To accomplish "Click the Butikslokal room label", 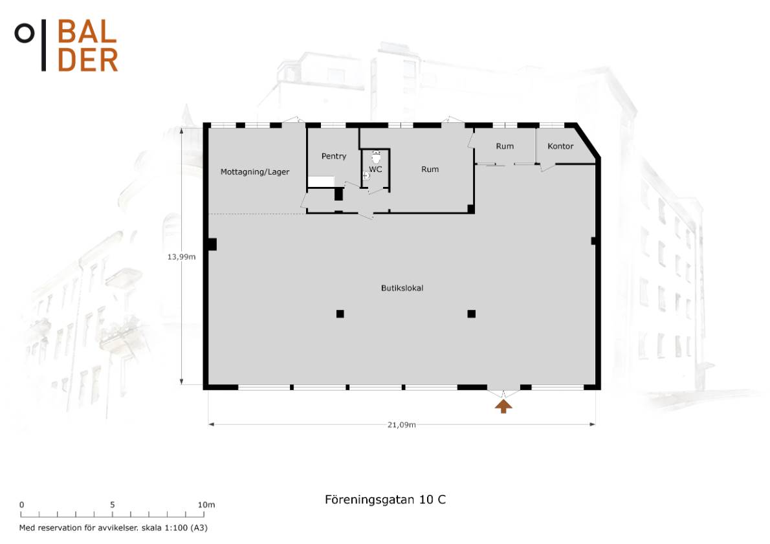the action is pyautogui.click(x=402, y=288).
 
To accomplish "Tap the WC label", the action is pyautogui.click(x=375, y=169).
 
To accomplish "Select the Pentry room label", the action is pyautogui.click(x=333, y=156).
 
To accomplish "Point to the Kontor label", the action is pyautogui.click(x=560, y=146).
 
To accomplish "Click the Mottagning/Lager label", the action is pyautogui.click(x=254, y=172).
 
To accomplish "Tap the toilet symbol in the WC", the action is pyautogui.click(x=376, y=157).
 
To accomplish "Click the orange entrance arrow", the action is pyautogui.click(x=503, y=406).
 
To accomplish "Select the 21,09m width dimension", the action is pyautogui.click(x=402, y=425).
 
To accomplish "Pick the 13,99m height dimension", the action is pyautogui.click(x=181, y=257).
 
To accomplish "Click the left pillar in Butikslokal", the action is pyautogui.click(x=340, y=314).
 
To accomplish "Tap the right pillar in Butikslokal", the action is pyautogui.click(x=472, y=314).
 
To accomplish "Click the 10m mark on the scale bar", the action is pyautogui.click(x=206, y=505).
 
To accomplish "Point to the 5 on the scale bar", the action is pyautogui.click(x=113, y=505).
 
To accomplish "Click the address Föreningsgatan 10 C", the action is pyautogui.click(x=385, y=500).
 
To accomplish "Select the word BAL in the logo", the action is pyautogui.click(x=87, y=32).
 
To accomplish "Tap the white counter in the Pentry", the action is pyautogui.click(x=321, y=182).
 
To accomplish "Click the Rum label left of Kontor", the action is pyautogui.click(x=505, y=146).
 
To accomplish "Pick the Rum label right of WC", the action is pyautogui.click(x=430, y=169).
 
